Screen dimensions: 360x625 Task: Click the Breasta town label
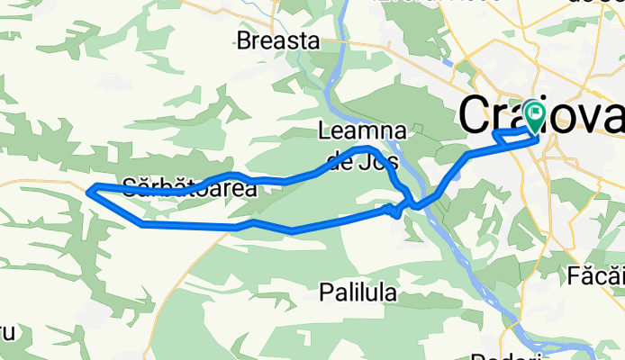(278, 40)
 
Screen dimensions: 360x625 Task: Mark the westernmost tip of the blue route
(87, 189)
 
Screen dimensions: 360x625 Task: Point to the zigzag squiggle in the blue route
(394, 210)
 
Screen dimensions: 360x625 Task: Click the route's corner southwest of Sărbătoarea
(142, 224)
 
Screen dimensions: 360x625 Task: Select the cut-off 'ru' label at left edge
(7, 331)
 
